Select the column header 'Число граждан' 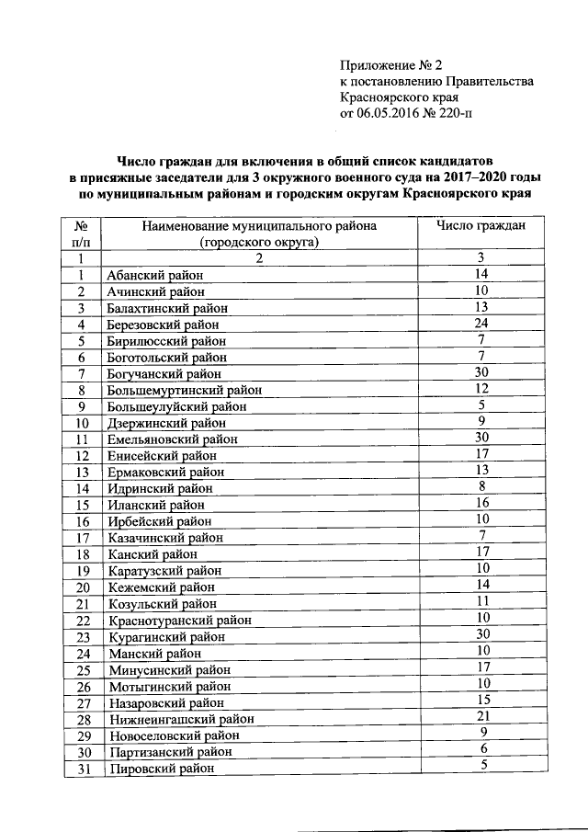click(481, 226)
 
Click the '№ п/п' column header click(81, 234)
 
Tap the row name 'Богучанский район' click(164, 374)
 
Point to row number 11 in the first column click(82, 439)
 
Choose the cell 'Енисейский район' click(159, 456)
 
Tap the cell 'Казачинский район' click(163, 538)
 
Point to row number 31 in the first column click(82, 769)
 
